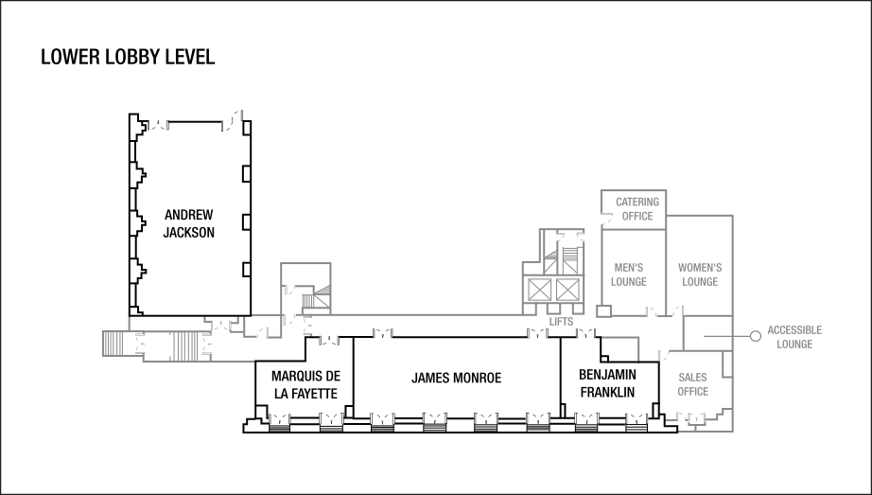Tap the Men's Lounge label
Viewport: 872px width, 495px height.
point(629,274)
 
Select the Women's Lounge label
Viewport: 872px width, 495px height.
point(700,274)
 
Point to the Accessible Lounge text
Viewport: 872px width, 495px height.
point(794,337)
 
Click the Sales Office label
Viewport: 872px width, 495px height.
point(692,384)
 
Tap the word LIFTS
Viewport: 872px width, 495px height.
point(561,322)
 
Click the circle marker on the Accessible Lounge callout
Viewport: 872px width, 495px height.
point(755,336)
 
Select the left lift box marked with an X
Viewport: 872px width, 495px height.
point(539,290)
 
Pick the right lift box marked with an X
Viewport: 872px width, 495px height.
point(567,290)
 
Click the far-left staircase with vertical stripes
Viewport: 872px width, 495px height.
point(113,345)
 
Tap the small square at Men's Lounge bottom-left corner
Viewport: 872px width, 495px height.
point(603,310)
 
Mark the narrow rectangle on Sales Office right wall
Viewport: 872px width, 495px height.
point(727,364)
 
